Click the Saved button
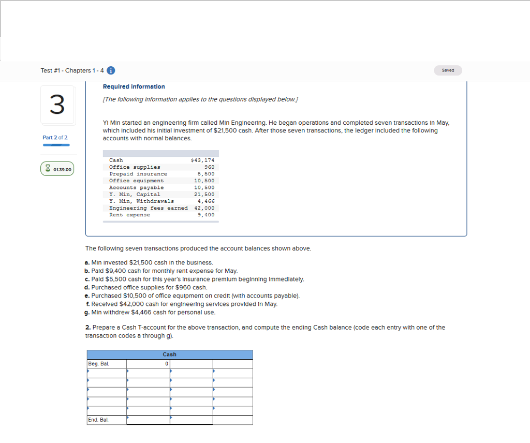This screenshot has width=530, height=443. point(448,70)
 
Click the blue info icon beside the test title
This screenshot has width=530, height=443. point(111,71)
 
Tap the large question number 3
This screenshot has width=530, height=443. point(57,105)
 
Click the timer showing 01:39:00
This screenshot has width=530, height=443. point(57,169)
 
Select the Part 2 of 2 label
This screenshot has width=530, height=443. point(55,137)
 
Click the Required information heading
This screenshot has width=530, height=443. point(134,87)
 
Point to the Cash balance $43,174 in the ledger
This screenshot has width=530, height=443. point(202,160)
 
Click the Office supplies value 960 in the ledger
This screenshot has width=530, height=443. point(210,167)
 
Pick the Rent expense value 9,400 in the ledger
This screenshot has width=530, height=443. point(206,215)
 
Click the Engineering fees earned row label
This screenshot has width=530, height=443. point(149,208)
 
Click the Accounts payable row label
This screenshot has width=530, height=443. point(136,187)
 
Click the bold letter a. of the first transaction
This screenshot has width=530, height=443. point(87,263)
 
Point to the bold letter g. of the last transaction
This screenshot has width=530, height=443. point(87,313)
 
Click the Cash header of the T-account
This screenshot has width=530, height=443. point(170,355)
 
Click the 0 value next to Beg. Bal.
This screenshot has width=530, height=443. point(167,364)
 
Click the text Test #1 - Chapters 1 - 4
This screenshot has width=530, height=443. point(72,71)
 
